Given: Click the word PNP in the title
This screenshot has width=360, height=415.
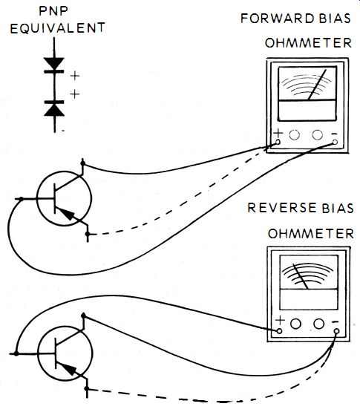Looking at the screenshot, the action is point(53,11).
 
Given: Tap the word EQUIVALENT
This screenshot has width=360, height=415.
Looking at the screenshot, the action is point(58,28).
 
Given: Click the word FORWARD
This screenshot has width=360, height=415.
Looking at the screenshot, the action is point(278,19).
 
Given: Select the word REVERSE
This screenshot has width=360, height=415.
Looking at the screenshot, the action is point(282,208).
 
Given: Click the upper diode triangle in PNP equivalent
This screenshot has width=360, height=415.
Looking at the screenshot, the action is point(54,63).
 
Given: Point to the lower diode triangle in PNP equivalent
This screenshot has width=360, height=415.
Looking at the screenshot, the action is point(54,110).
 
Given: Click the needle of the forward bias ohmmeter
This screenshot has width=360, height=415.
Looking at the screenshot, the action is point(317,85).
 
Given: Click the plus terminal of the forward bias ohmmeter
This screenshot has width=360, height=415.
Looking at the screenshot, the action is point(278,142).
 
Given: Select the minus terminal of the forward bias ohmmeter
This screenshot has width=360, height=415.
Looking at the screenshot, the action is point(335,142).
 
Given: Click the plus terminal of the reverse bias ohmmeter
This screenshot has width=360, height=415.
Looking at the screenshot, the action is point(279,331).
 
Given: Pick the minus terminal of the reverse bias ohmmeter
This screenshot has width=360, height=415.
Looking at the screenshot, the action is point(336,331).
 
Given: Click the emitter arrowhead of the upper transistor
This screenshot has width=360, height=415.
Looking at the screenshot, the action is point(66,213).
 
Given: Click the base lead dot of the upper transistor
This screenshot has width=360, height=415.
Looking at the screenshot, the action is point(22,198).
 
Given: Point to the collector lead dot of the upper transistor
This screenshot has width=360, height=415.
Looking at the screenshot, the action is point(83,163).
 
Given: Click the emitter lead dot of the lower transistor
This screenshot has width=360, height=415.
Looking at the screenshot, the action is point(87,389).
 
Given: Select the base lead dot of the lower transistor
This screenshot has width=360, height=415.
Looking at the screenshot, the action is point(16,353).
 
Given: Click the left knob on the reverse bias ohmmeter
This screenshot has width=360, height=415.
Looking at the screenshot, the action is point(295,324).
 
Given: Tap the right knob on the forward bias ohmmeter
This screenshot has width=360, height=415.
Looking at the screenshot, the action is point(318,134).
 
